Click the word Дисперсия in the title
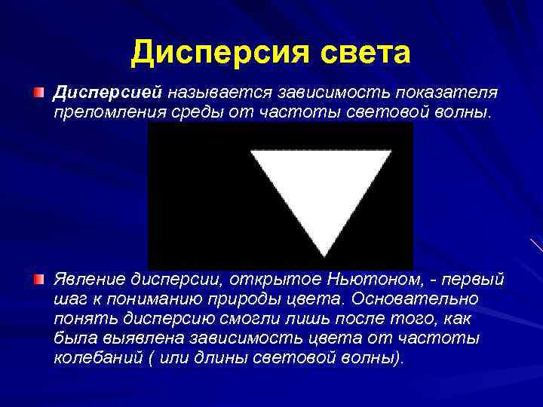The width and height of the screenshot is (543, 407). [x=207, y=54]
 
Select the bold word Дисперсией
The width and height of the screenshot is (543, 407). [x=107, y=93]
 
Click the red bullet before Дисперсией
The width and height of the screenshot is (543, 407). [x=38, y=92]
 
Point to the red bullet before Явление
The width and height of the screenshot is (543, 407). [x=38, y=280]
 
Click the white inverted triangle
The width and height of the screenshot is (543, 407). [x=321, y=188]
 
